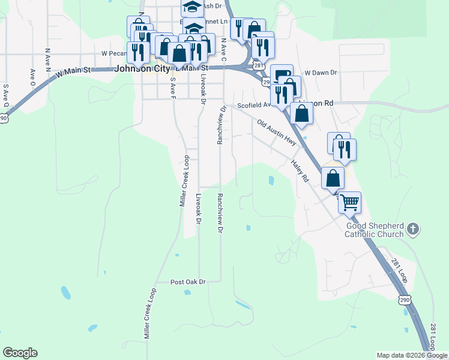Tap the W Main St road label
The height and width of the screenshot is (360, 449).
[x=73, y=71]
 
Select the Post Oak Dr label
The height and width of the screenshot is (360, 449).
[x=188, y=281]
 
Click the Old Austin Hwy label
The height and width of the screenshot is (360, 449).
[x=277, y=133]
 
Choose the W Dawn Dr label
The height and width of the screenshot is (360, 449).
[x=321, y=73]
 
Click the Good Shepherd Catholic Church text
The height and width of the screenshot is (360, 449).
[x=374, y=230]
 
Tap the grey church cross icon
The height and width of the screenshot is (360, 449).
[x=412, y=229]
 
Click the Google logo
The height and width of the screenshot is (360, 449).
[x=20, y=353]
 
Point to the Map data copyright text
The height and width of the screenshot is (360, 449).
[x=412, y=355]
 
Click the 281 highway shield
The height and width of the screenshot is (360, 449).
[x=258, y=65]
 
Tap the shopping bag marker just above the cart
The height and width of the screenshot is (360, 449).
[x=333, y=178]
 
